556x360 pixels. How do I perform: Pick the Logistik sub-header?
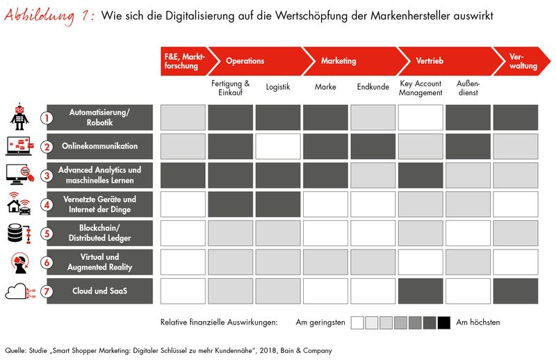pyautogui.click(x=278, y=88)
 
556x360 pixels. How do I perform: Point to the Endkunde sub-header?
pyautogui.click(x=373, y=88)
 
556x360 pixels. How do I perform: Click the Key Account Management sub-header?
pyautogui.click(x=420, y=88)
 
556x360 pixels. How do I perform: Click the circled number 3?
pyautogui.click(x=47, y=176)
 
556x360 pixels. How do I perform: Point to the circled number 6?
pyautogui.click(x=47, y=263)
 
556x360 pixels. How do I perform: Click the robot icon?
pyautogui.click(x=19, y=117)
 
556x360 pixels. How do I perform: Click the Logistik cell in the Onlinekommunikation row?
pyautogui.click(x=277, y=147)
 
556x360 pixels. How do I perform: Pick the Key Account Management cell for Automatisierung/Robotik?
pyautogui.click(x=420, y=117)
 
